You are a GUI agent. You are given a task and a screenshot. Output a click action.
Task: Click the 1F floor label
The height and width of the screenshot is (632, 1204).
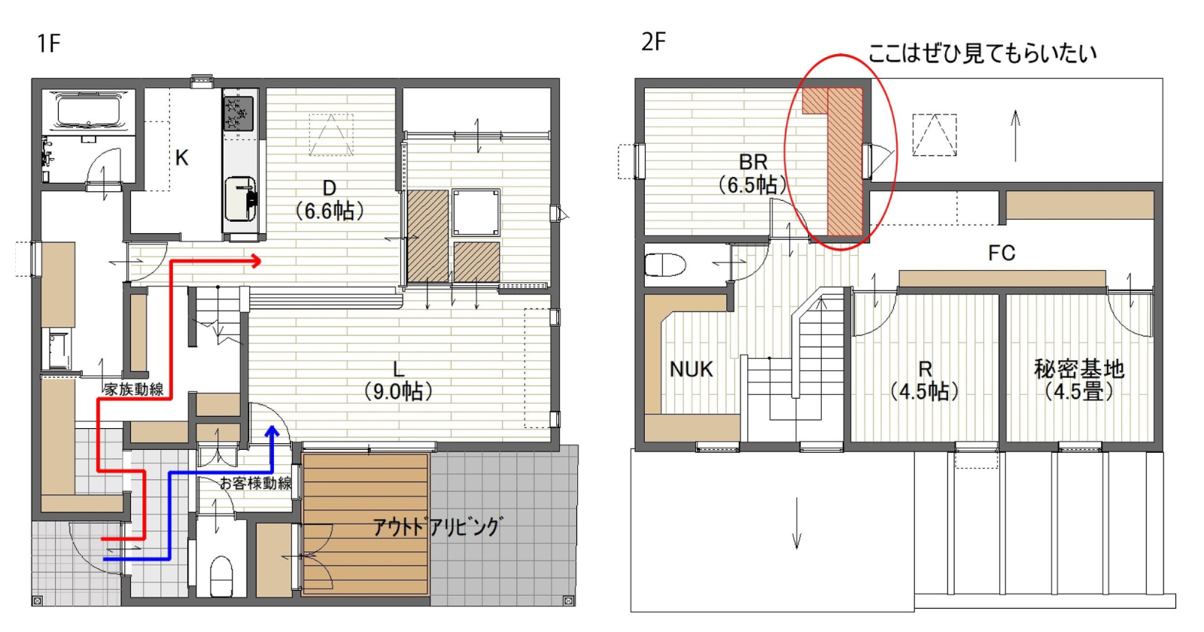[48, 44]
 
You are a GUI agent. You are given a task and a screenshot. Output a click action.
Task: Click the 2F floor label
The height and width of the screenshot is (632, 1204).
[654, 41]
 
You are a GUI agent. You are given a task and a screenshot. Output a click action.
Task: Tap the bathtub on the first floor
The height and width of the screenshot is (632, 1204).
[89, 111]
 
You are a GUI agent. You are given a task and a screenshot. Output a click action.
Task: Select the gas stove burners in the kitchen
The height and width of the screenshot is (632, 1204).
[239, 114]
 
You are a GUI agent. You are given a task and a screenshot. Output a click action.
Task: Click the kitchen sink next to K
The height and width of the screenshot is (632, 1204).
[240, 199]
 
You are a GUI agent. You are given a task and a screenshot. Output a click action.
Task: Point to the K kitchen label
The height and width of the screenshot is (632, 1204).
[181, 158]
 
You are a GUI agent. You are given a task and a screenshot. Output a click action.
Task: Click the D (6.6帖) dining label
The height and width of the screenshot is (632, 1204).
[330, 200]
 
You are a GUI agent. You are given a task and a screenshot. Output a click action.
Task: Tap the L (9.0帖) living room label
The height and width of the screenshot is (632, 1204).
[398, 381]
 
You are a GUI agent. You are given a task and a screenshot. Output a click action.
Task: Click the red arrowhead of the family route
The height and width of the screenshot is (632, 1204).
[256, 262]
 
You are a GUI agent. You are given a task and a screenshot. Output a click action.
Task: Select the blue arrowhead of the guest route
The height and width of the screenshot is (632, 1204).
[272, 432]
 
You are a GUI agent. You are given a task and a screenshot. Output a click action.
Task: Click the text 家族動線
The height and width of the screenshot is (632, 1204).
[134, 389]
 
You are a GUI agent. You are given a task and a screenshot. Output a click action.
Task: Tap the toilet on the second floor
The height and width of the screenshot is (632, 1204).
[665, 264]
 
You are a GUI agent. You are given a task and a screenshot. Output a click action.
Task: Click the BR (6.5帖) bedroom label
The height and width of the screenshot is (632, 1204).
[753, 174]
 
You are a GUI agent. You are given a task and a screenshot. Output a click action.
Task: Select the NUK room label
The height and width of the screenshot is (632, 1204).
[692, 369]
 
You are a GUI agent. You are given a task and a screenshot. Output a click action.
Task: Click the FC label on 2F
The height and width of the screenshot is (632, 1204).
[1002, 253]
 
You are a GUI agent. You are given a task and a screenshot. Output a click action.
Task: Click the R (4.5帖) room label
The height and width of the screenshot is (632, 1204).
[925, 381]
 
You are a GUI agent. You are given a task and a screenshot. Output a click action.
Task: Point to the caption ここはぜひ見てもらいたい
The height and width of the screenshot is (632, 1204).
[982, 53]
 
